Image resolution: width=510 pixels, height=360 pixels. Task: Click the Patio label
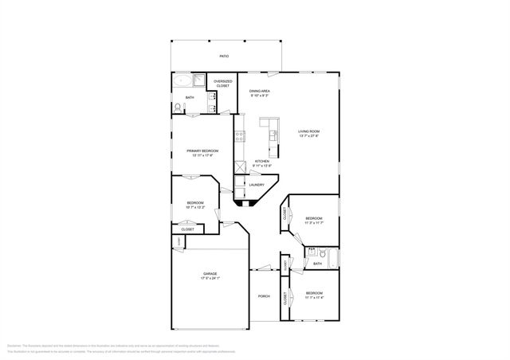click(224, 57)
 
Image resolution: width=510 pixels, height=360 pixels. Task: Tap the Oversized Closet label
click(222, 83)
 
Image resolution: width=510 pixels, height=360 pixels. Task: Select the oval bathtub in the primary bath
click(182, 80)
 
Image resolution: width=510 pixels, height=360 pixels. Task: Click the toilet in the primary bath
click(176, 108)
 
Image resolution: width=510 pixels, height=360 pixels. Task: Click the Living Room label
click(308, 131)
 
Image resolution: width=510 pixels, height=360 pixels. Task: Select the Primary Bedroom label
click(203, 151)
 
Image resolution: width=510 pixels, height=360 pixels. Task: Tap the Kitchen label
click(262, 161)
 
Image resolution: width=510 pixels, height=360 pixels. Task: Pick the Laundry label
click(257, 185)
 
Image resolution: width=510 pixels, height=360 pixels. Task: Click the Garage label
click(210, 273)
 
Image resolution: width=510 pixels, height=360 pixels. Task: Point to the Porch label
click(263, 296)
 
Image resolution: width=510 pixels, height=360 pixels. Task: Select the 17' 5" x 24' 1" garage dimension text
click(210, 279)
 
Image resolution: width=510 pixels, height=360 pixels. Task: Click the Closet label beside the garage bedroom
click(187, 229)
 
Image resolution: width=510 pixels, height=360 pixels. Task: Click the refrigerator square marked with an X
click(239, 168)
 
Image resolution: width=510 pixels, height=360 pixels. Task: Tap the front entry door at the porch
click(263, 269)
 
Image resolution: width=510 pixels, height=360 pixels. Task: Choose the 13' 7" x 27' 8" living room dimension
click(308, 136)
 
